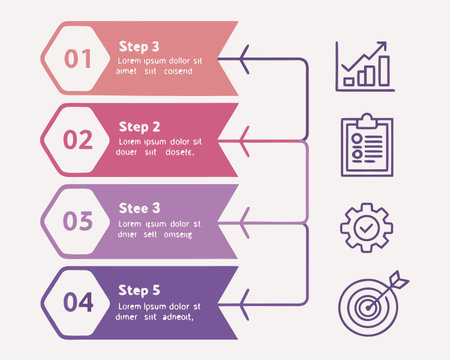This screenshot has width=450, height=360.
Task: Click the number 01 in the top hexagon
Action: point(78,59)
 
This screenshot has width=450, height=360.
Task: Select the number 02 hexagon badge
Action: point(78,141)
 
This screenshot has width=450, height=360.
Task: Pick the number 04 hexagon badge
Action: point(78,301)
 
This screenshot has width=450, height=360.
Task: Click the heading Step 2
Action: point(139,127)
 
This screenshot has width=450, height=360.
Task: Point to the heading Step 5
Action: point(139,290)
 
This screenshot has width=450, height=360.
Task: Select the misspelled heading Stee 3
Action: point(139,208)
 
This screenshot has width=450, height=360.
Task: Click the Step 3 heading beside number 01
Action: point(139,46)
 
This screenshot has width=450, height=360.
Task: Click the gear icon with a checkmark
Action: point(366,227)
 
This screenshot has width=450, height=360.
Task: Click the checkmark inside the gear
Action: point(366,228)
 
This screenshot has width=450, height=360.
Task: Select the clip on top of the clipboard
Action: point(366,120)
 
